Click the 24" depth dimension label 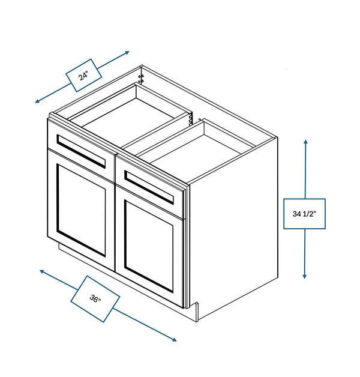pos(83,76)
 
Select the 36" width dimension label pos(95,299)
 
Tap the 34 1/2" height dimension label pos(304,214)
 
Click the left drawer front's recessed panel pos(81,151)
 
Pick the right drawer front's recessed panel pos(149,187)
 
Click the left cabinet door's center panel pos(81,210)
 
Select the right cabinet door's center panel pos(149,246)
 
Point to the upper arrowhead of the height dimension pos(305,142)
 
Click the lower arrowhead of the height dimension pos(304,276)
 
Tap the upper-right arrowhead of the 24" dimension pos(127,52)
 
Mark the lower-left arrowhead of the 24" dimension pos(37,101)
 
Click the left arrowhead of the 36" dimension pos(42,271)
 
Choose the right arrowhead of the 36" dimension pos(174,340)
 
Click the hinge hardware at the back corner pos(141,79)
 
